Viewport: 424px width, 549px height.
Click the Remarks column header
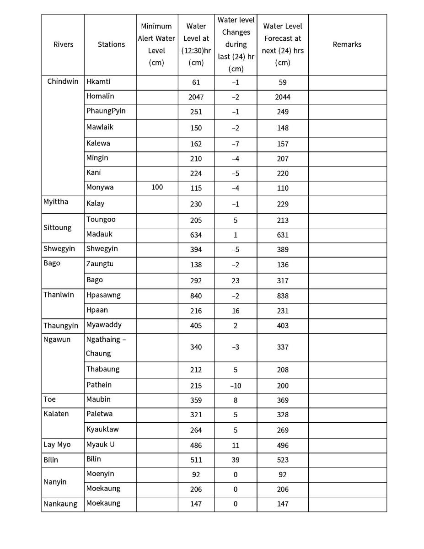[347, 44]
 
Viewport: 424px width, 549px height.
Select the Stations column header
[111, 44]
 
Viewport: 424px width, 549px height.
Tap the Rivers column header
[63, 44]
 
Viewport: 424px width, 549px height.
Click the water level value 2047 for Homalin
[196, 97]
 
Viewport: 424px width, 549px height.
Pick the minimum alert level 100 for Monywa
[157, 188]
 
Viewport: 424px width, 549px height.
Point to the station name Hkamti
[98, 82]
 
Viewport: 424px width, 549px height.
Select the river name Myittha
[56, 202]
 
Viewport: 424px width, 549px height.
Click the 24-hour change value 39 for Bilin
[236, 460]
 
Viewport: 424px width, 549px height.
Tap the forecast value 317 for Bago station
[283, 281]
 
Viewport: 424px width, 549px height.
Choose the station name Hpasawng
[103, 295]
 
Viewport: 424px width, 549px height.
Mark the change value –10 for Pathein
[236, 386]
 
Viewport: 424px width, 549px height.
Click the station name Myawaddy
[104, 325]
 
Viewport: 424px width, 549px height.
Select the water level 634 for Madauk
[196, 235]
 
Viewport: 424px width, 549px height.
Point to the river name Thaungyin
[61, 326]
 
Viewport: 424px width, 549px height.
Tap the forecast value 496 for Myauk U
[283, 445]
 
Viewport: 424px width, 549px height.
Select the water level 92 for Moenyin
[196, 474]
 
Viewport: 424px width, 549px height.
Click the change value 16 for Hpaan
[236, 311]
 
